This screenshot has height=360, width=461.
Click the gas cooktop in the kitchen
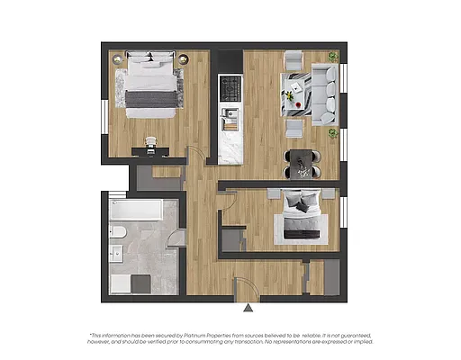(230, 88)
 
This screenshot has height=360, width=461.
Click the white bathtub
(136, 211)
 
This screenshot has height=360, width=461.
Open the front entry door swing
(245, 287)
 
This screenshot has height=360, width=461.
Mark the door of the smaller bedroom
(227, 199)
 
